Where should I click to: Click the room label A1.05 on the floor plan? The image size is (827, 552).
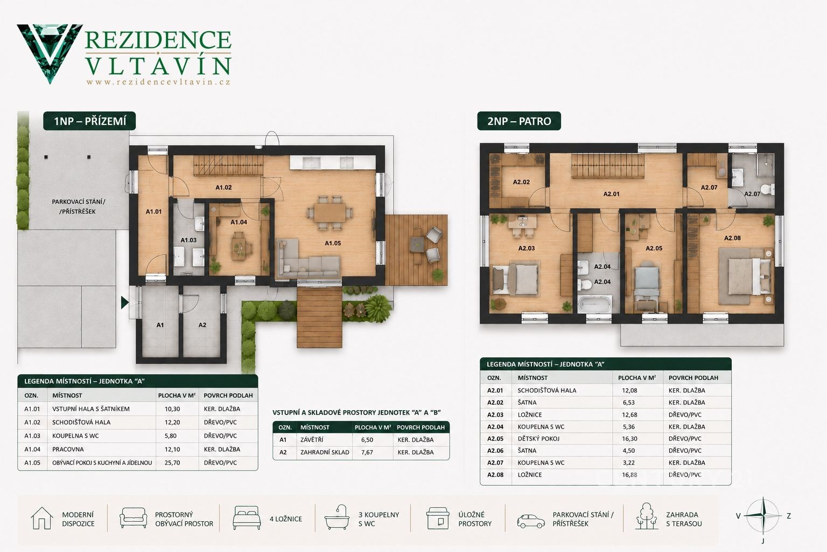(x=333, y=243)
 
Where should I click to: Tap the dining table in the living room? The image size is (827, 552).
(x=330, y=213)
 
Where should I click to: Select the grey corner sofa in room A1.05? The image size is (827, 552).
(x=308, y=258)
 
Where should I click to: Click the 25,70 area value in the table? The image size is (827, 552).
(x=172, y=463)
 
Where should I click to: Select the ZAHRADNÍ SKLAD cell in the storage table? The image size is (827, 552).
(x=325, y=452)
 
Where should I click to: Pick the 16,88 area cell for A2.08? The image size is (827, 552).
(x=629, y=475)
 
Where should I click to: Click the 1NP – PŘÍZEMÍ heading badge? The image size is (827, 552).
(x=90, y=121)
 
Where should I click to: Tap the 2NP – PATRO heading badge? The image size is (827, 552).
(x=519, y=121)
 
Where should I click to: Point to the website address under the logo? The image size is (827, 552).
(x=158, y=82)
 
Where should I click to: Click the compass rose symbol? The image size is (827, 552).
(x=763, y=516)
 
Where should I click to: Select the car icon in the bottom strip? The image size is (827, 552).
(x=530, y=521)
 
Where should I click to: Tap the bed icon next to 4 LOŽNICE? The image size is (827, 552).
(x=247, y=518)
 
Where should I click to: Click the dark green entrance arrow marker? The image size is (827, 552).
(x=124, y=302)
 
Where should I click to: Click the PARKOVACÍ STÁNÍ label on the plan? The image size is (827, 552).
(x=78, y=202)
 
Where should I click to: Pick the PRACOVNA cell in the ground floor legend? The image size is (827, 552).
(x=68, y=449)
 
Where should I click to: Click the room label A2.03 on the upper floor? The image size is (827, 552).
(x=527, y=249)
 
